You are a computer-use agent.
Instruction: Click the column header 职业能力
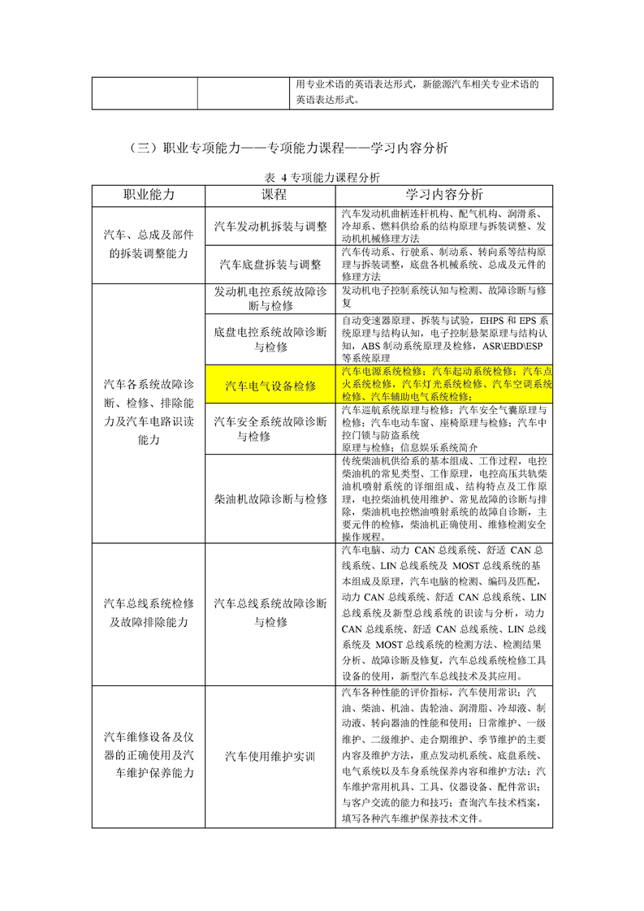(149, 195)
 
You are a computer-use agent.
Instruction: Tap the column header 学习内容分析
(444, 195)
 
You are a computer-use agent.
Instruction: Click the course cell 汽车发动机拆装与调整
(270, 226)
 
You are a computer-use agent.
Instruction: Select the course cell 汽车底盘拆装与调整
(270, 265)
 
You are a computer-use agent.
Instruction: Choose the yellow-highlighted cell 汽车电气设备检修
(270, 385)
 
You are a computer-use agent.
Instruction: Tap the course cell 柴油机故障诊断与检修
(270, 499)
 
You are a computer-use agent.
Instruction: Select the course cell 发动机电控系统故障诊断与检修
(270, 299)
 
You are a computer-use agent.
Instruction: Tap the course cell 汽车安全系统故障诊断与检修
(270, 429)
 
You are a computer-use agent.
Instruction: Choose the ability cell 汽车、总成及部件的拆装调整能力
(149, 244)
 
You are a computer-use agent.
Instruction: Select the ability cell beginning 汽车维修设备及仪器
(149, 755)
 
